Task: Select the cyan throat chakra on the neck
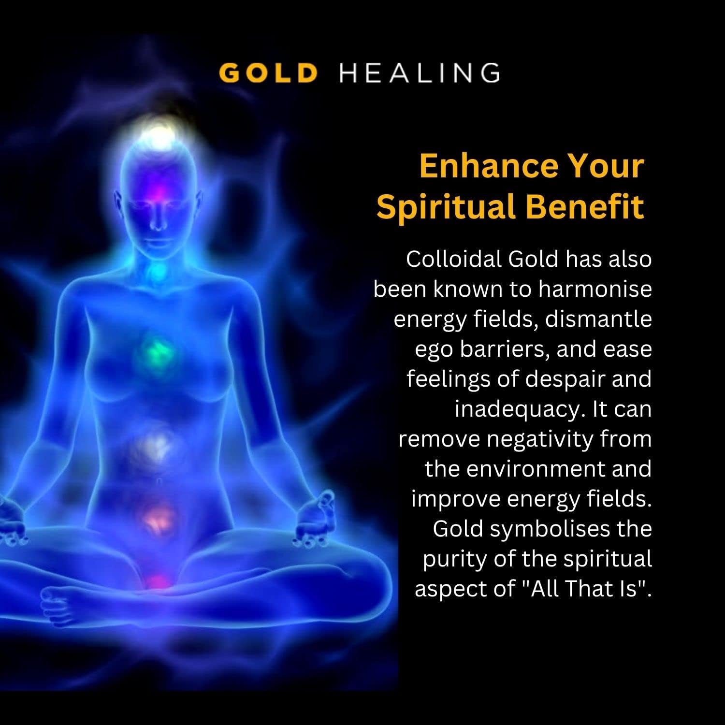pos(158,273)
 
